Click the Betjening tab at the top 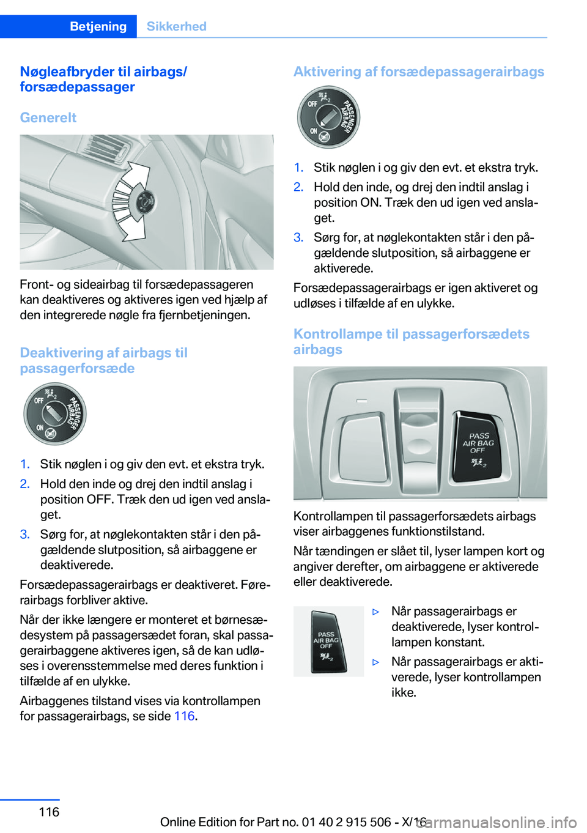[x=98, y=26]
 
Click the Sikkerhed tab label [x=176, y=26]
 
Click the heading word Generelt [x=48, y=117]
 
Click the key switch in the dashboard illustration [x=146, y=201]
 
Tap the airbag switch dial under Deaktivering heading [x=55, y=414]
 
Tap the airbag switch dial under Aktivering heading [x=328, y=117]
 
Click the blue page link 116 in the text [x=184, y=716]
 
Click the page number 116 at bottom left [x=49, y=812]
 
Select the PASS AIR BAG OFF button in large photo [x=478, y=448]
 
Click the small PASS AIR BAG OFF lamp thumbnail [x=328, y=642]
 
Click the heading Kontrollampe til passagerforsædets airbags [x=411, y=341]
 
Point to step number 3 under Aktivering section [x=298, y=237]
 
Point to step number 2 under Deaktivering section [x=24, y=484]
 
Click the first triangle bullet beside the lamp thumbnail [x=376, y=612]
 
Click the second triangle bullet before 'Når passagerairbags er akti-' [x=376, y=662]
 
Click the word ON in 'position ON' [x=370, y=202]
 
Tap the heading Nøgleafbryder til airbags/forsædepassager [x=103, y=79]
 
